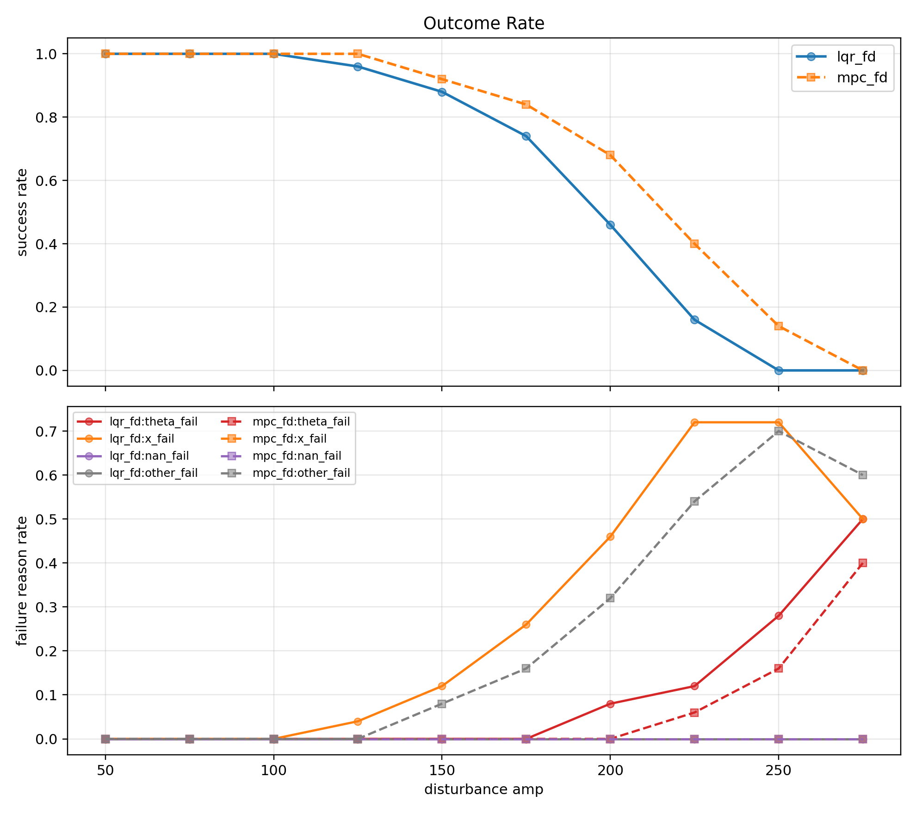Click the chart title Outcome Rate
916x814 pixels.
click(x=483, y=24)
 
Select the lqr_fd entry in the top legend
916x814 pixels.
click(x=856, y=57)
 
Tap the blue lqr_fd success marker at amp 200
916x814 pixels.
click(x=610, y=225)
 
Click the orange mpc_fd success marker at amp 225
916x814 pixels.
click(x=694, y=244)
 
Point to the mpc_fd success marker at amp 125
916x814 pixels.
click(x=358, y=54)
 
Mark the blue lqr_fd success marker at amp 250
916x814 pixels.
click(x=779, y=370)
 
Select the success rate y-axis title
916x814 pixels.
click(x=22, y=212)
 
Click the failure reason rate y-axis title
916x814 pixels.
click(x=22, y=580)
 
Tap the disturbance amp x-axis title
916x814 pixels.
click(x=483, y=789)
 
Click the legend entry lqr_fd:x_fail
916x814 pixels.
click(x=142, y=438)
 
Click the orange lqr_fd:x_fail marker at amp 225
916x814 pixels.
click(x=694, y=422)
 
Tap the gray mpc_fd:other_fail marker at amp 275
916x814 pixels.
click(x=863, y=475)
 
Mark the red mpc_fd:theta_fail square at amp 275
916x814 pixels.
click(x=863, y=563)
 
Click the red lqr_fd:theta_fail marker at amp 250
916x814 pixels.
click(x=779, y=616)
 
